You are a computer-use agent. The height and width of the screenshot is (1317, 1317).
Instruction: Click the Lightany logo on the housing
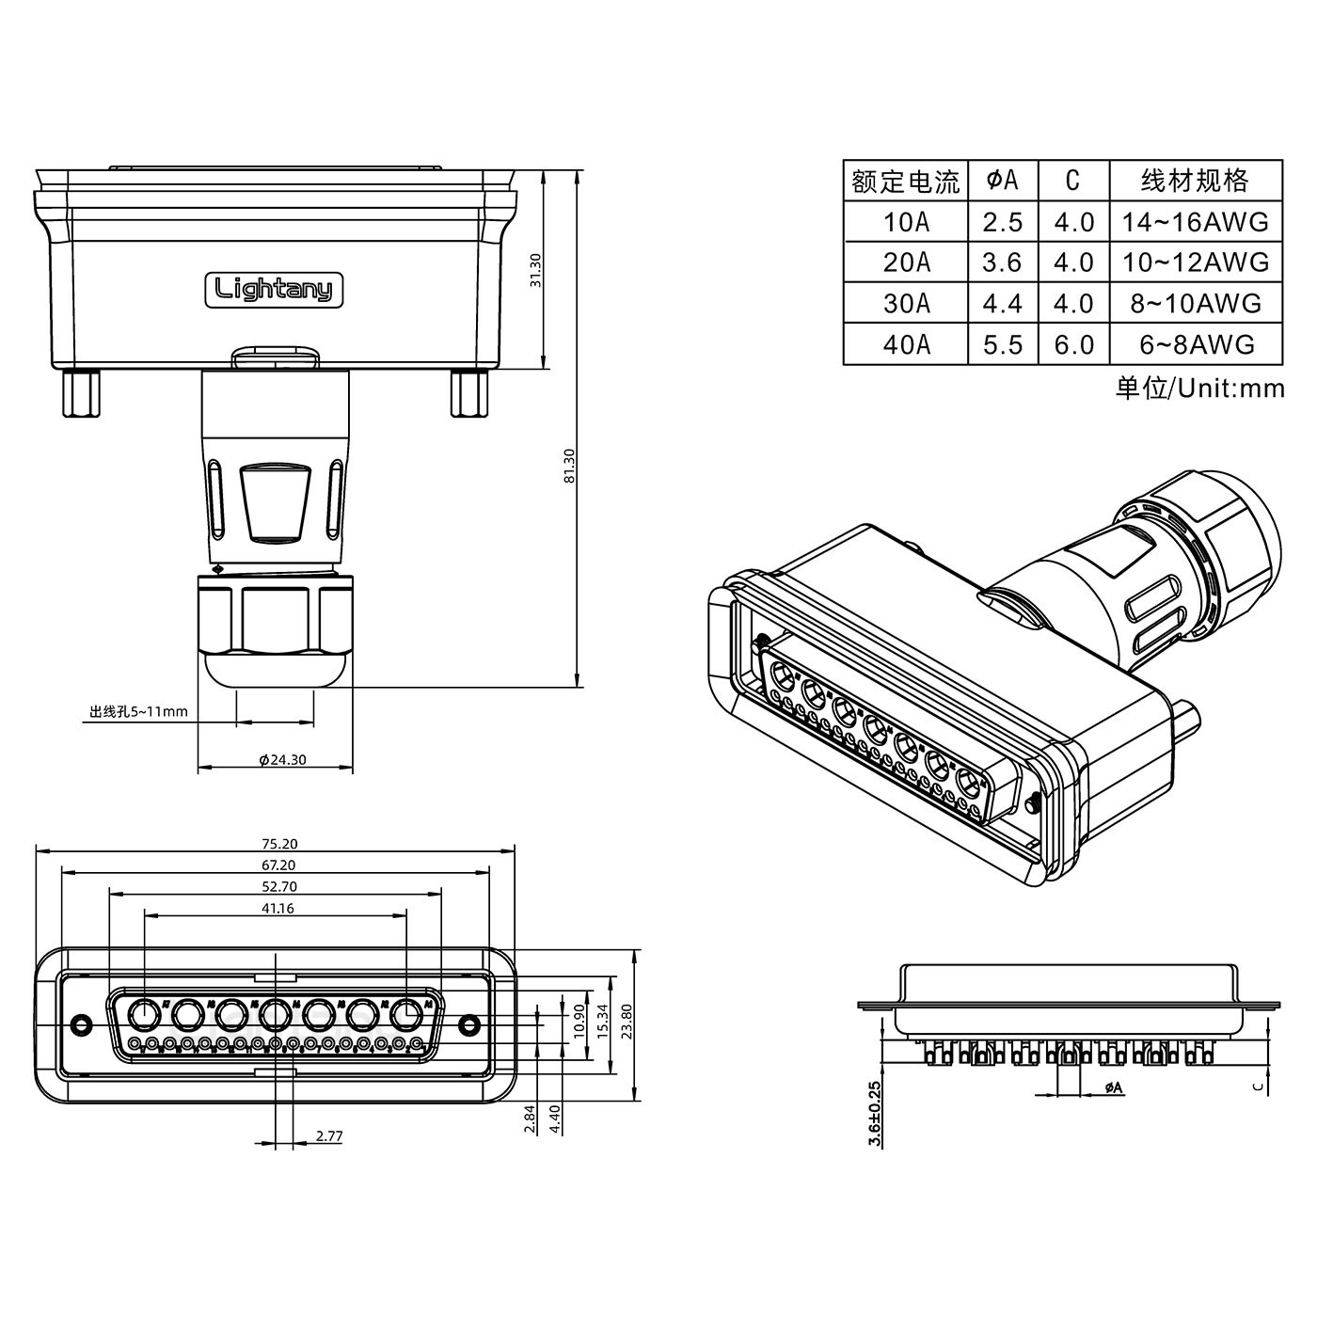click(x=274, y=289)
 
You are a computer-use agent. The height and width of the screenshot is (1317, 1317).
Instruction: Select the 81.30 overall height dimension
click(x=567, y=466)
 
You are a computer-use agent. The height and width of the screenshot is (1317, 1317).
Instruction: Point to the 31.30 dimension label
click(x=536, y=270)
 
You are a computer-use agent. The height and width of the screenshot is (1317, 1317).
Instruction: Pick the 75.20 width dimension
click(x=275, y=844)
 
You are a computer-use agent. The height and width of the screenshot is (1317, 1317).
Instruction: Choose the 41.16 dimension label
click(x=275, y=908)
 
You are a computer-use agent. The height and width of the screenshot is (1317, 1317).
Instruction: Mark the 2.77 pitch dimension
click(x=329, y=1136)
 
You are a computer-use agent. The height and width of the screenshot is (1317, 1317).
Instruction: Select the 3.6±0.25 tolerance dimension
click(x=876, y=1113)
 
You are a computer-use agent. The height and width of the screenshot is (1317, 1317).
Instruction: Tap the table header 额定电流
click(x=905, y=181)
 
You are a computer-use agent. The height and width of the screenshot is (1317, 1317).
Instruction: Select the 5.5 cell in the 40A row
click(x=1002, y=344)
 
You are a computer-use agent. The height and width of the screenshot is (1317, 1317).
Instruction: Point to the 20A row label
click(x=906, y=262)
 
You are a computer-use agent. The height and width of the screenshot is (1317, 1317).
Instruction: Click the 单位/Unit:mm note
click(x=1199, y=388)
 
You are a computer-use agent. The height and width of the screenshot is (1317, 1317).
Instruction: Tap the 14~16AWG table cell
click(x=1196, y=222)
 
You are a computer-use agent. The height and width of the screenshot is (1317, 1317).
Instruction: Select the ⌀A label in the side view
click(x=1113, y=1087)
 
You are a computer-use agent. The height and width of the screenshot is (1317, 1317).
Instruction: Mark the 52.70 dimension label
click(x=275, y=886)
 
